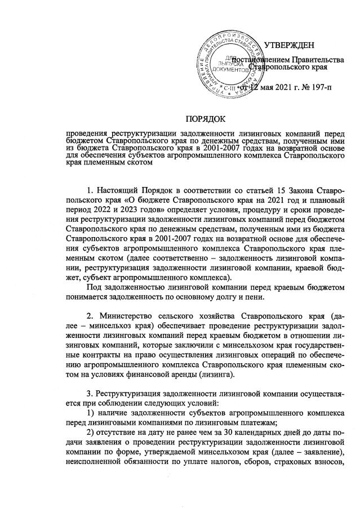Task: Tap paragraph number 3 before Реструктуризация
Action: [92, 398]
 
